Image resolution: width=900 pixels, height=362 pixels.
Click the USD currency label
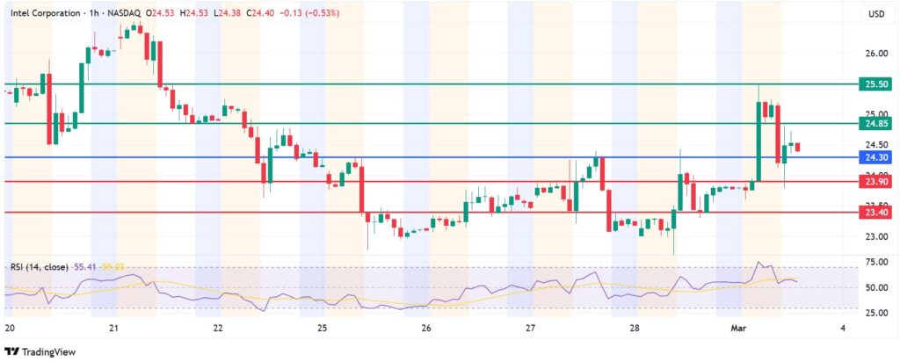pyautogui.click(x=875, y=14)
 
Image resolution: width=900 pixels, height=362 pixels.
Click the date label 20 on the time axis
pyautogui.click(x=9, y=329)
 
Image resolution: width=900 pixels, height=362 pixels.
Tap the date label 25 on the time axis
pyautogui.click(x=323, y=329)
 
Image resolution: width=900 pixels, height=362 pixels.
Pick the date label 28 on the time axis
pyautogui.click(x=635, y=329)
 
